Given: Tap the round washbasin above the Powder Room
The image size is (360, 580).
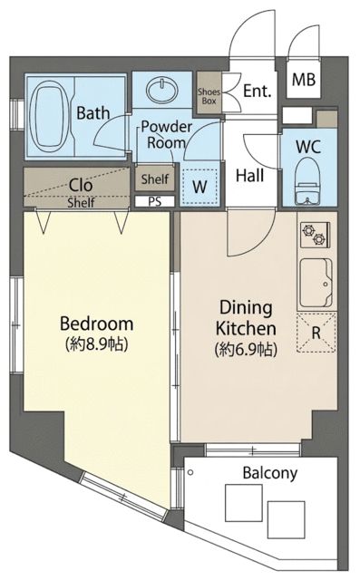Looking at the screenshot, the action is pos(162,90).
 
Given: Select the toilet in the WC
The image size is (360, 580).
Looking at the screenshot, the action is pos(307,180).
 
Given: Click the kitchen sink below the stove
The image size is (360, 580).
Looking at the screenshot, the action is pos(316,283).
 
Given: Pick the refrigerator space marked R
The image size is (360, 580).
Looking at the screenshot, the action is pos(316,333).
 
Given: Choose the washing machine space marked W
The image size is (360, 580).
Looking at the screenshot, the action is pos(199,186).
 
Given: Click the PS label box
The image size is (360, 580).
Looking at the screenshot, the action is pos(155,201).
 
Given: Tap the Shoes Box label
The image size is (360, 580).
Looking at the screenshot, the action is pos(209,96).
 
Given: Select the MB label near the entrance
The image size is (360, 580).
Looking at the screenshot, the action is pos(304,80).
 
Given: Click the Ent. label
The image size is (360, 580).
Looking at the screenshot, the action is pos(258,91).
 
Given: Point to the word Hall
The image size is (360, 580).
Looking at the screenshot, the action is pos(250,176).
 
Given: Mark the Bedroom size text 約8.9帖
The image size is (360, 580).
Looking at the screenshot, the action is pos(97,344).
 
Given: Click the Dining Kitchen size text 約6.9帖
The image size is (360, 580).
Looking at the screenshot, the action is pos(246,350).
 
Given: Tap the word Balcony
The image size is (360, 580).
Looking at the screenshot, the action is pos(270,473).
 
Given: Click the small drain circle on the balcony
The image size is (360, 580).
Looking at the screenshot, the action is pos(190,472).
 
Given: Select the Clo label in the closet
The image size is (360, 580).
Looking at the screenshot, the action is pos(81,185).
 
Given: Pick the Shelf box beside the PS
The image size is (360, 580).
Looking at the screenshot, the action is pos(155,179).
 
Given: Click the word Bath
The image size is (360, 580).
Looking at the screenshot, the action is pos(92,112).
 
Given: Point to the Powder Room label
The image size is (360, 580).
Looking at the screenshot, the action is pos(166,135).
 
